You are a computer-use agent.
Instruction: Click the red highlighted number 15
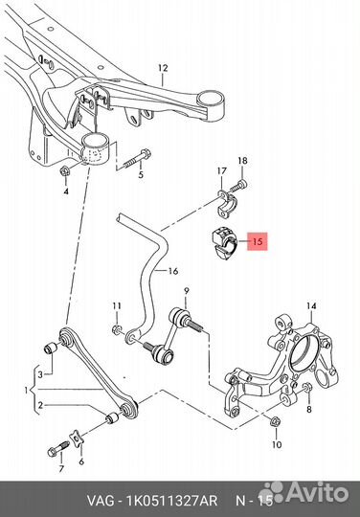(x=258, y=241)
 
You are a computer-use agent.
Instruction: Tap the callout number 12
(x=163, y=68)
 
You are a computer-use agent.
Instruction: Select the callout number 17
(x=222, y=171)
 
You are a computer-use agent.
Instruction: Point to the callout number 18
(x=242, y=161)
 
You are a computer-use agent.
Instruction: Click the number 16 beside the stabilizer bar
(x=172, y=271)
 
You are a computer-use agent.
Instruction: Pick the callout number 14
(x=311, y=306)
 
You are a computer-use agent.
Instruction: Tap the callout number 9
(x=187, y=291)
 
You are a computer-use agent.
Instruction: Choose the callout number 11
(x=117, y=306)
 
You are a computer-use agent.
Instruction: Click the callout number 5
(x=141, y=175)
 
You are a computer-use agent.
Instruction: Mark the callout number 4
(x=66, y=191)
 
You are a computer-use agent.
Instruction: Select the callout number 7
(x=61, y=468)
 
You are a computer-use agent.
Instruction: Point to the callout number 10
(x=277, y=445)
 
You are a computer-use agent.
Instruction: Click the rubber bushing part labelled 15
(x=224, y=244)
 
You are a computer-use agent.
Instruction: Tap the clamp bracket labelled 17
(x=228, y=203)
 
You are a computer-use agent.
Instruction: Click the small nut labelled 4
(x=64, y=170)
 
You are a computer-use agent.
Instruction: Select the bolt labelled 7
(x=58, y=449)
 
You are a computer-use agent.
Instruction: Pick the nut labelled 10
(x=275, y=420)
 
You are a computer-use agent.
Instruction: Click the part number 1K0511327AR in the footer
(x=172, y=501)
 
